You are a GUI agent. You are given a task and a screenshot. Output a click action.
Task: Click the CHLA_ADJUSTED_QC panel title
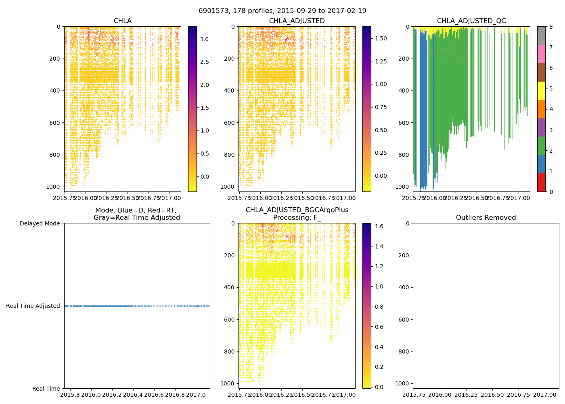coord(471,21)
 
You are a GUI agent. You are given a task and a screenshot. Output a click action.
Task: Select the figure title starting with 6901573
coord(282,11)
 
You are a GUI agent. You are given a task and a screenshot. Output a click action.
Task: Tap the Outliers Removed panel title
coord(486,218)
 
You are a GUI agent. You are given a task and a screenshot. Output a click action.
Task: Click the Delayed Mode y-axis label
coord(40,223)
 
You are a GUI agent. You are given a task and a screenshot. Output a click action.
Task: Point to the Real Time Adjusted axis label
coord(33,306)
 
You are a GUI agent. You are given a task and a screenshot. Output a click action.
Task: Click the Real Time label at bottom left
coord(46,389)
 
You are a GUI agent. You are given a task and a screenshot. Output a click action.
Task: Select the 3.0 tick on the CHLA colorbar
coord(204,39)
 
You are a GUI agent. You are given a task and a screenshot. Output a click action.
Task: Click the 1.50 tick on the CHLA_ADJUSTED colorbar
coord(381,38)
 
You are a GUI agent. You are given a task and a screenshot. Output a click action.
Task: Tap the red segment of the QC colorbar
coord(541,183)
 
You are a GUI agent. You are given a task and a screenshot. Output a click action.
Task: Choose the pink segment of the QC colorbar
coord(541,54)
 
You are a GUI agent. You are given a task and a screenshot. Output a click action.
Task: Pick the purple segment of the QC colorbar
coord(541,127)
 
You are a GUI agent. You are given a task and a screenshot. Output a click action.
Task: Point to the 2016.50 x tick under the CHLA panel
coord(128,198)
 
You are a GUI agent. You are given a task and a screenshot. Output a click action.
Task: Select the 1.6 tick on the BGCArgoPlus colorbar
coord(379,226)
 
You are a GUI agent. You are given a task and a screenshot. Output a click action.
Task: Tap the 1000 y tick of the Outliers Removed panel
coord(404,383)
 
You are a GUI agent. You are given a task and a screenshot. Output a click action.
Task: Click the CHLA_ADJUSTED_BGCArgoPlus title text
coord(297,210)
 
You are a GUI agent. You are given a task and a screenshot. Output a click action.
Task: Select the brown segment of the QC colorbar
coord(541,72)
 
